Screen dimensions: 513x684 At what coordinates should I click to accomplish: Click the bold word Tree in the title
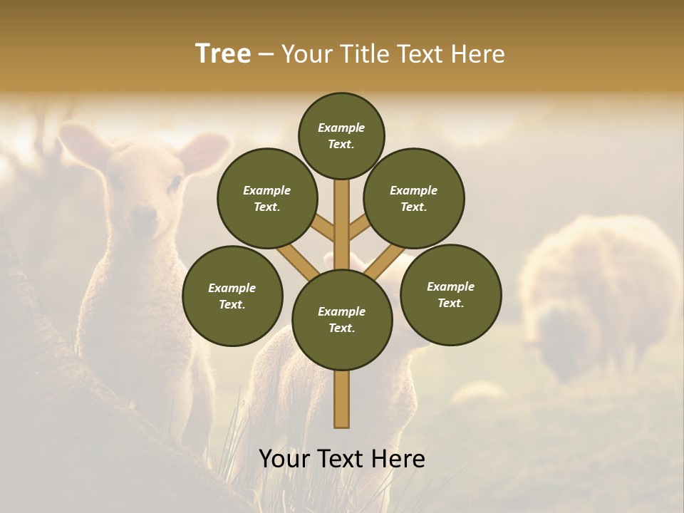pyautogui.click(x=223, y=53)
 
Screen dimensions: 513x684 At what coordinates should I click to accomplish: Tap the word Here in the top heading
pyautogui.click(x=478, y=53)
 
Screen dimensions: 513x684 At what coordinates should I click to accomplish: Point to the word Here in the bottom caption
pyautogui.click(x=398, y=458)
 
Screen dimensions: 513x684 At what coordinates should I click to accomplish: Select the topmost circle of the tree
pyautogui.click(x=341, y=135)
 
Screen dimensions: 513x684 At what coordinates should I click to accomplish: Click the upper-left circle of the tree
pyautogui.click(x=267, y=198)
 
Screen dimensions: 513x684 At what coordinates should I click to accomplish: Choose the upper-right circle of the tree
pyautogui.click(x=414, y=198)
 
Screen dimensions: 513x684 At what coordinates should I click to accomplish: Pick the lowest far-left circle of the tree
pyautogui.click(x=232, y=296)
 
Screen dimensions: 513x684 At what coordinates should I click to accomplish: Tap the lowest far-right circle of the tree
pyautogui.click(x=451, y=294)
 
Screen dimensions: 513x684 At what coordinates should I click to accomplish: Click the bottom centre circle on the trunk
pyautogui.click(x=342, y=320)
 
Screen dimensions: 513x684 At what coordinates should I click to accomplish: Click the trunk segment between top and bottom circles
pyautogui.click(x=342, y=224)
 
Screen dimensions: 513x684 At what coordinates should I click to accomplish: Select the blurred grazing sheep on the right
pyautogui.click(x=598, y=292)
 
